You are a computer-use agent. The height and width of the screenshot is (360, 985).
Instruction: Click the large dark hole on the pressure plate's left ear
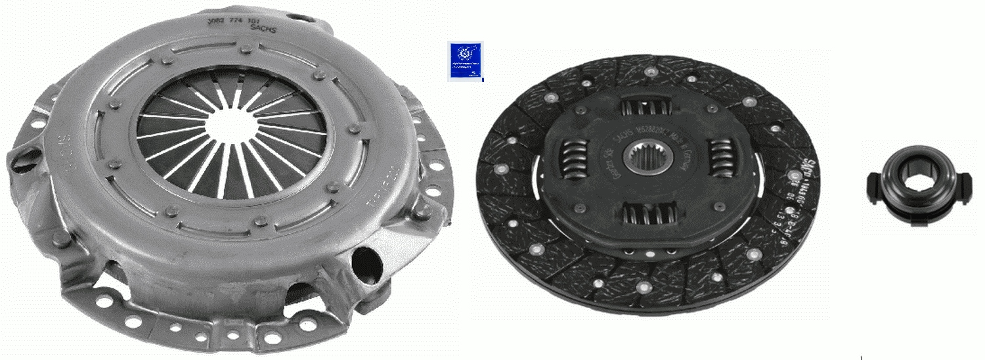26,158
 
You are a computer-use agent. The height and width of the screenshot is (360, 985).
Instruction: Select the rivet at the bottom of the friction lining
641,288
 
